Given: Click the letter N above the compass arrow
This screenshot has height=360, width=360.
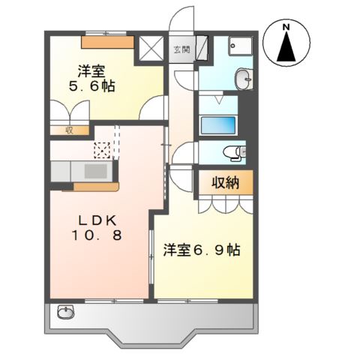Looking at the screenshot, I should point(286,28).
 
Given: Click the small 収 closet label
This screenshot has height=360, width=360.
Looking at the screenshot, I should point(67,129).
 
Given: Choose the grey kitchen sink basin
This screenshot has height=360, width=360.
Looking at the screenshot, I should point(94,171).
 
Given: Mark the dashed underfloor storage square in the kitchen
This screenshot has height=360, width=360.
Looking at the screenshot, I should point(101,149).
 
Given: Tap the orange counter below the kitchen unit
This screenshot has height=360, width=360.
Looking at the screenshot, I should point(94,182).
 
